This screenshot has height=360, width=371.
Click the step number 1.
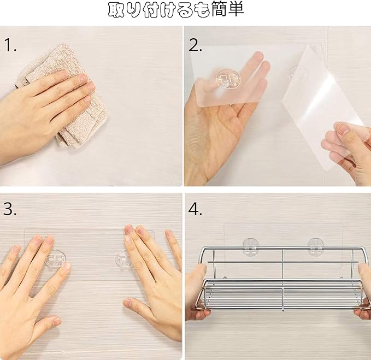coord(10,45)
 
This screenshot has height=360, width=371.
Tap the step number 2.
coord(196,45)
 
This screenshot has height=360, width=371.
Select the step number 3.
coord(10,209)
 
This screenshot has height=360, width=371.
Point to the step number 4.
coord(196,209)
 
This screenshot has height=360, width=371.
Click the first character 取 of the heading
coord(116,10)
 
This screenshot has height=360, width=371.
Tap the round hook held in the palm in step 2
coord(228,79)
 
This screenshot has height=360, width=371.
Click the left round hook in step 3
coord(56,259)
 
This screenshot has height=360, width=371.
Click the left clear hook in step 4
coord(251,247)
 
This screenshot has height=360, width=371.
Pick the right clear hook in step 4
coord(316,247)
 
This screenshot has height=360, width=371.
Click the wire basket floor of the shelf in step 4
coord(282,294)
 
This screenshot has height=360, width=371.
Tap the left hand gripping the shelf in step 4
coord(196,293)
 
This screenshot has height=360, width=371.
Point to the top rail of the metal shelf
coord(282,248)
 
